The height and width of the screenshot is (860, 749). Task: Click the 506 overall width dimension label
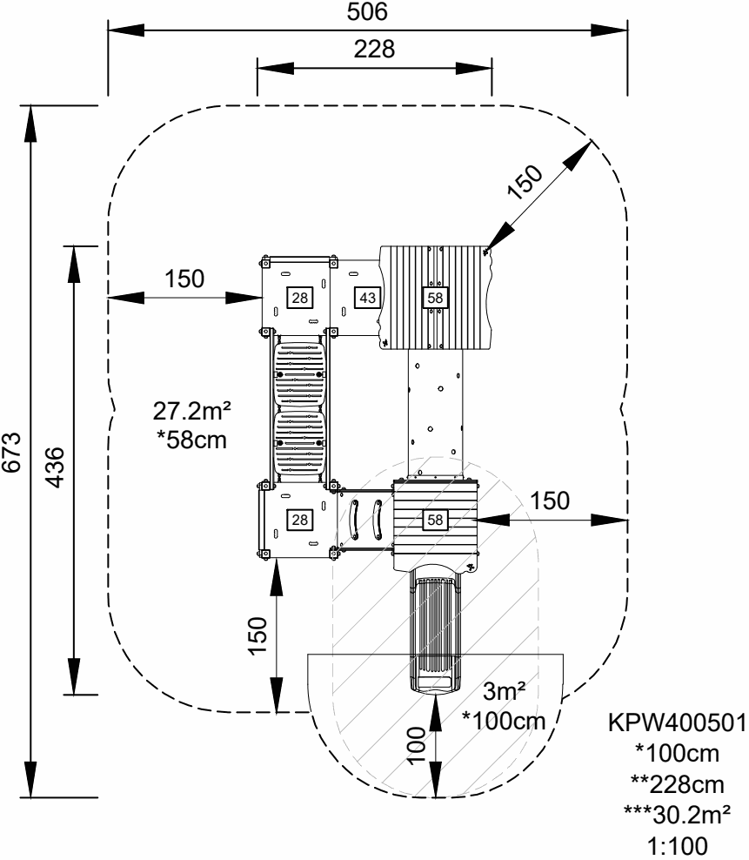point(369,13)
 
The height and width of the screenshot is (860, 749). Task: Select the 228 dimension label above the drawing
point(374,50)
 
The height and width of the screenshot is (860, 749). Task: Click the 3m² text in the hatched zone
point(501,694)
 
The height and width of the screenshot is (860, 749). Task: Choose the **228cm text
point(679,786)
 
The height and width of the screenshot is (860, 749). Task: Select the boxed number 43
point(367,298)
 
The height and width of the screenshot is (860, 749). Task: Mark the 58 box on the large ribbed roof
point(434,298)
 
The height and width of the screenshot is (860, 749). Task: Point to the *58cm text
point(193,440)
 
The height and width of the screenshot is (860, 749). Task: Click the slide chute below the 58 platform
point(432,631)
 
